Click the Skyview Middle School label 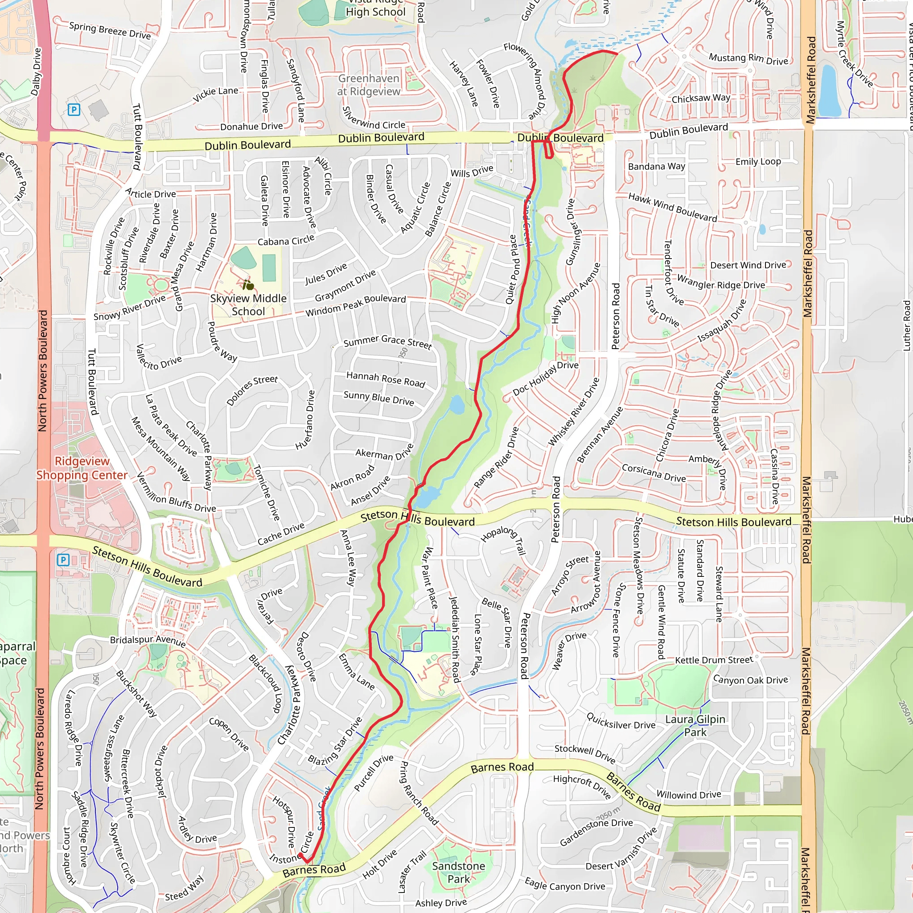[248, 305]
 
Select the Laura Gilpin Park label [695, 725]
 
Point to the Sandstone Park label [458, 872]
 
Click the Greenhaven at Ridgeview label [369, 85]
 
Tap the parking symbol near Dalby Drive [74, 110]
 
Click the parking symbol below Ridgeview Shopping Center [63, 560]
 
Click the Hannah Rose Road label [386, 379]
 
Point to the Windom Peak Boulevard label [355, 305]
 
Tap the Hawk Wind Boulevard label [672, 207]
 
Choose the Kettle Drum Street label [714, 660]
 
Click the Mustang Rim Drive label [748, 59]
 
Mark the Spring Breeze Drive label [110, 31]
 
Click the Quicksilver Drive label [621, 721]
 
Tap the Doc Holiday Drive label [545, 378]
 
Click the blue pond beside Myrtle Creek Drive [829, 91]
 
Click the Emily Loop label [758, 162]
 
